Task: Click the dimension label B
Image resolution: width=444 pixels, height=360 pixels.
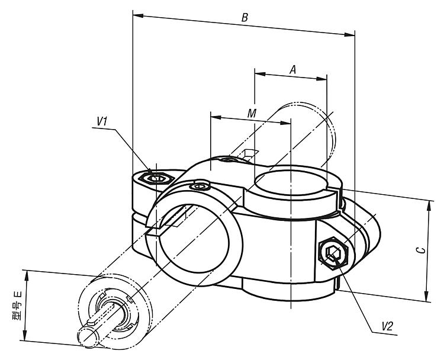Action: (244, 17)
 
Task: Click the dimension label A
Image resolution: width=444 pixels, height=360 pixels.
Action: (292, 69)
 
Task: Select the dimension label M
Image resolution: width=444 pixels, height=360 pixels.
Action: (252, 112)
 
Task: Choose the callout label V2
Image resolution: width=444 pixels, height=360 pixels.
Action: (387, 326)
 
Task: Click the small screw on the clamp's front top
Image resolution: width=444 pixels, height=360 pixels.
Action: (200, 187)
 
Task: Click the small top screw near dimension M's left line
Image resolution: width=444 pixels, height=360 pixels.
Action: (228, 159)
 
